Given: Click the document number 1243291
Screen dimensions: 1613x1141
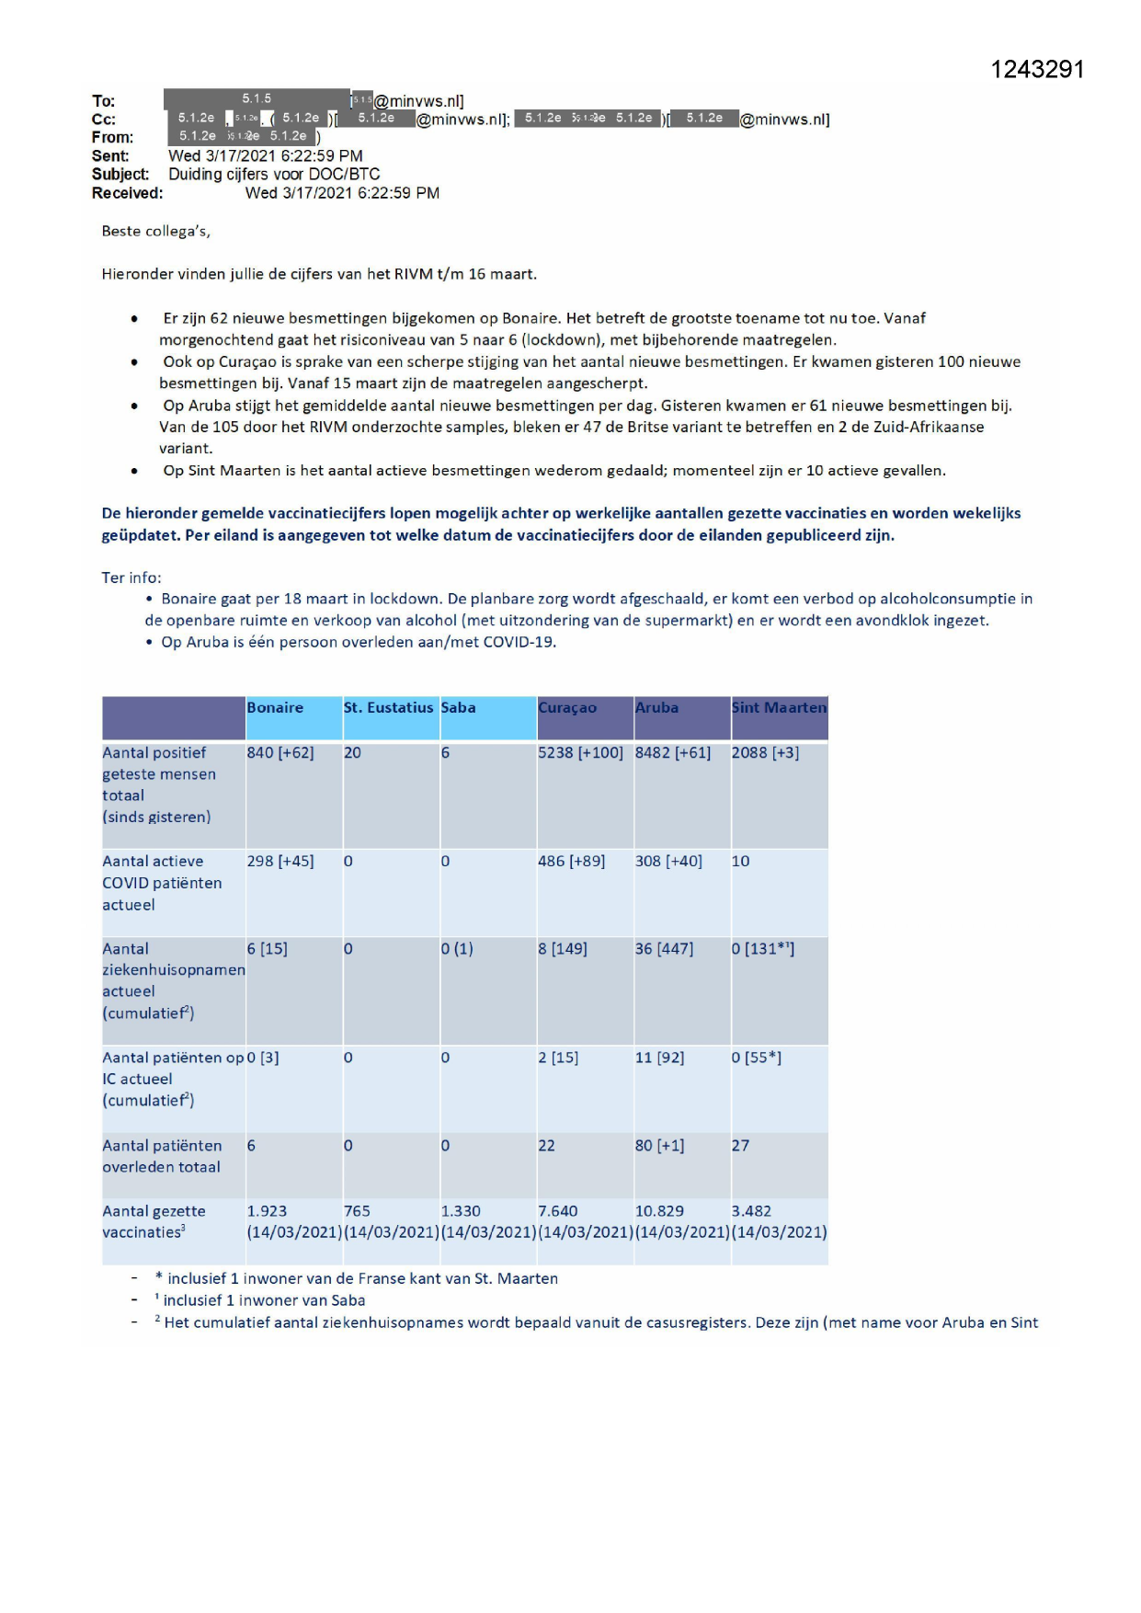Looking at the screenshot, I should tap(1037, 70).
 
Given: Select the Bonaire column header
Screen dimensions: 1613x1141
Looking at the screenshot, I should tap(275, 707).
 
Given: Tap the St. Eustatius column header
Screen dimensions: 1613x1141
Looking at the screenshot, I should tap(388, 707).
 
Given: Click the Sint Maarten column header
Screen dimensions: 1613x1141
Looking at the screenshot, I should tap(779, 707).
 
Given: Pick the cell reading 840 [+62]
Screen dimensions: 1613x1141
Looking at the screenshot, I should tap(280, 752).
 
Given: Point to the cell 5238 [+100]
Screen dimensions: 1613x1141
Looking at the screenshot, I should tap(580, 752).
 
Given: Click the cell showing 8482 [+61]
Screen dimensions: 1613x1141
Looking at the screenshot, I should tap(673, 752).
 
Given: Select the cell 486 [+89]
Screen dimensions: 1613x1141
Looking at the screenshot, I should tap(571, 861).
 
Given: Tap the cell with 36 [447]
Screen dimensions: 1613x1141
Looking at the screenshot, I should tap(664, 948).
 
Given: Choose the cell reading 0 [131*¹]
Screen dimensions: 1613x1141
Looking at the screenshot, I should tap(763, 948).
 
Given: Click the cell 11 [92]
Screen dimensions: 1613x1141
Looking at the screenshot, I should tap(659, 1058).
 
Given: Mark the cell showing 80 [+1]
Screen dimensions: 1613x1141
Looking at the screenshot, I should tap(659, 1145).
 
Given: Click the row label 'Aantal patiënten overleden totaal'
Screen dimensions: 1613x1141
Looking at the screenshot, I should tap(162, 1156).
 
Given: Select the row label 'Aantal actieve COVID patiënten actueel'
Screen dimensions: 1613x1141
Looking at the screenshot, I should tap(162, 883).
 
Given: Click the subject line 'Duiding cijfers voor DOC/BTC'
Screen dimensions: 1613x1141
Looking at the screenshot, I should tap(274, 174).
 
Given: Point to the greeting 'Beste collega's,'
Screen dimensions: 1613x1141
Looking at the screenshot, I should tap(156, 231).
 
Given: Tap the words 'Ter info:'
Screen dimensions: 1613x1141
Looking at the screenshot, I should tap(131, 578).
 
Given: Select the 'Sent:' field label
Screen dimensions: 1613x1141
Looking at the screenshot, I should tap(110, 156).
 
